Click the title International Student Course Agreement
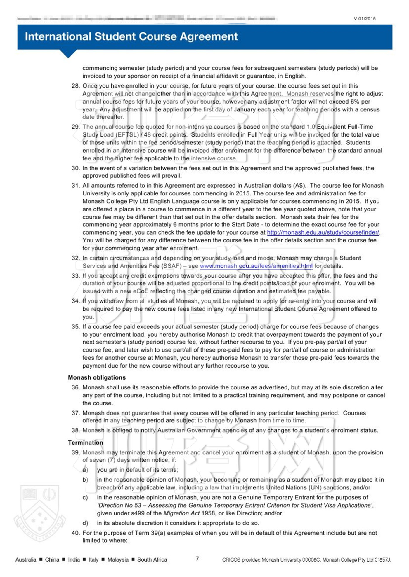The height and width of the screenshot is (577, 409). coord(131,36)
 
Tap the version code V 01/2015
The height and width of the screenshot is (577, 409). coord(364,19)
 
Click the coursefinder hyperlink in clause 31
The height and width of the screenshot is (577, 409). coord(323,232)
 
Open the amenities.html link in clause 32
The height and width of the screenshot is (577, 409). coord(256,266)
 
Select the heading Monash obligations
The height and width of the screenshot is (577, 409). coord(97,377)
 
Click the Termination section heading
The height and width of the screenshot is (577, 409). coord(85,443)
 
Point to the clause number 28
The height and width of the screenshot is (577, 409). coord(75,86)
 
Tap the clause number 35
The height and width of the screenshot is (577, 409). coord(75,327)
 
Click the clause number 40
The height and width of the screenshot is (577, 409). coord(75,533)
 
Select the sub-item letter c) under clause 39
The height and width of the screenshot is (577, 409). coord(85,497)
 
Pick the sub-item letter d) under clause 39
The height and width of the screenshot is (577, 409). coord(85,523)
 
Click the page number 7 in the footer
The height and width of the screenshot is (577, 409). coord(197,559)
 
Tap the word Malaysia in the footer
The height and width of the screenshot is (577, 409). coord(118,559)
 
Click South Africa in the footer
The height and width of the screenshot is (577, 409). coord(152,559)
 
